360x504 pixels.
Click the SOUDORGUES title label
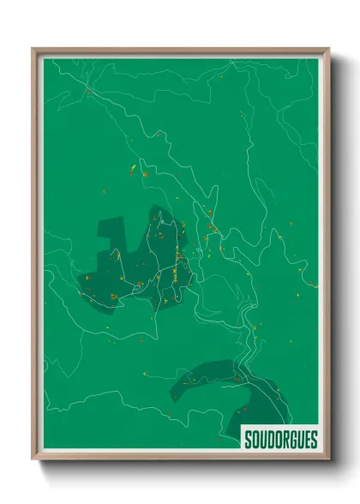(280, 440)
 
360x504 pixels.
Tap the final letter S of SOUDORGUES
(315, 441)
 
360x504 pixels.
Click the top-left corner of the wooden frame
(33, 49)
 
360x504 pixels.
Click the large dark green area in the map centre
(137, 266)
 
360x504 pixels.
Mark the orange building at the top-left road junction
(87, 89)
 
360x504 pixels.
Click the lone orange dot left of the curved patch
(145, 374)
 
